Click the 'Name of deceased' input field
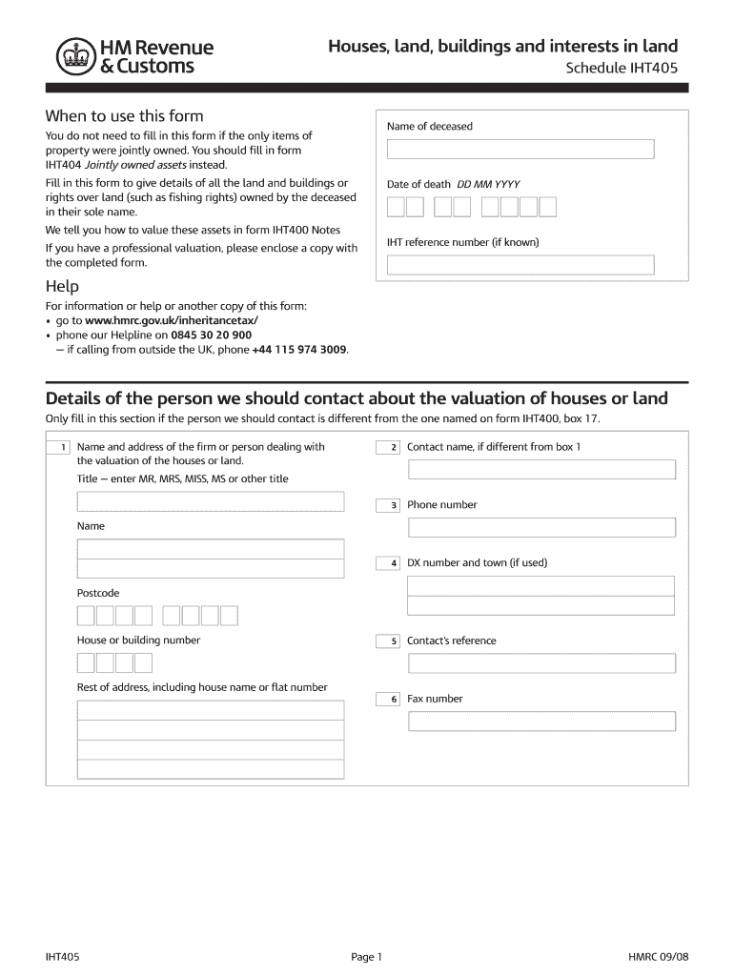pyautogui.click(x=520, y=150)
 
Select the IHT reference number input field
pyautogui.click(x=520, y=265)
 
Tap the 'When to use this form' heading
pyautogui.click(x=124, y=116)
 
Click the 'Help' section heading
pyautogui.click(x=62, y=286)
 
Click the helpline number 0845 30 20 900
pyautogui.click(x=211, y=335)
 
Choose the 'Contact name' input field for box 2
pyautogui.click(x=541, y=469)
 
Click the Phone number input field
pyautogui.click(x=541, y=527)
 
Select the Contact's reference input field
pyautogui.click(x=541, y=663)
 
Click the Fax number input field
pyautogui.click(x=541, y=722)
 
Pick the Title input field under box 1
pyautogui.click(x=211, y=501)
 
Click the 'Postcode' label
pyautogui.click(x=98, y=593)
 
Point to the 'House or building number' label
pyautogui.click(x=138, y=640)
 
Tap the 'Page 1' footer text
pyautogui.click(x=366, y=957)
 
